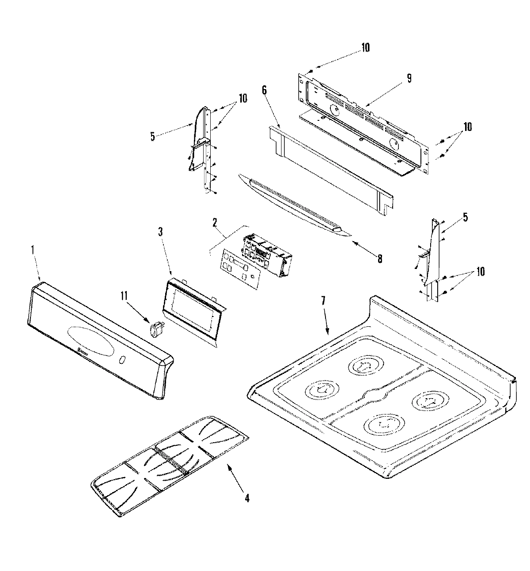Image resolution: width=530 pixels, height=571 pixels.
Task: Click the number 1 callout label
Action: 32,250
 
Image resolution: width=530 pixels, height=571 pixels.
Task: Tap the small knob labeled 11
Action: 155,328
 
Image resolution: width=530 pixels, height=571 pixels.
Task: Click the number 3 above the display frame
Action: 160,243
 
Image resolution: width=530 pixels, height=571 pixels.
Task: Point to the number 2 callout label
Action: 215,223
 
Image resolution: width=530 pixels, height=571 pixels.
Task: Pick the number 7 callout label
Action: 323,301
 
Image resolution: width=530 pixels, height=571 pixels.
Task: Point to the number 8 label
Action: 379,260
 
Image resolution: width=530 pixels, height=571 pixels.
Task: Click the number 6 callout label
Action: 264,90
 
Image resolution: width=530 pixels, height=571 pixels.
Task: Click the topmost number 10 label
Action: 365,47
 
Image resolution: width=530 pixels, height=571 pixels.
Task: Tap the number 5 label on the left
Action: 152,137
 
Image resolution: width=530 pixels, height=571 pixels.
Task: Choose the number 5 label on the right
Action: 465,217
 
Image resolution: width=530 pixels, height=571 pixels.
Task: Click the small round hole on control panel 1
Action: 122,361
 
